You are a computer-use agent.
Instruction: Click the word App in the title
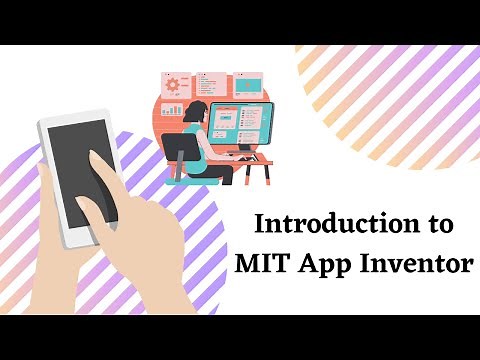point(327,265)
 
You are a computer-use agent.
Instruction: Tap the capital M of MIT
point(246,264)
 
